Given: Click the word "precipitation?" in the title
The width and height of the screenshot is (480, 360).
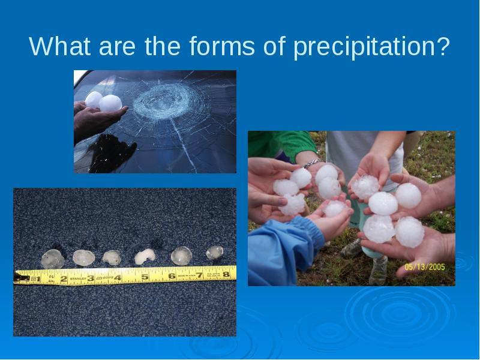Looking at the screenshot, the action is (x=371, y=47).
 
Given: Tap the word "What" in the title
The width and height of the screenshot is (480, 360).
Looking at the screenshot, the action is (x=59, y=46).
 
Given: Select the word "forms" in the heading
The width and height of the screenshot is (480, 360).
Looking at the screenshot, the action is (x=222, y=46).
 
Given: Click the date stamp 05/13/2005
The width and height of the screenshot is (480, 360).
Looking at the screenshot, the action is (x=425, y=267).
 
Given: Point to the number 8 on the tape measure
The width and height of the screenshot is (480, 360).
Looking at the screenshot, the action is (x=226, y=274).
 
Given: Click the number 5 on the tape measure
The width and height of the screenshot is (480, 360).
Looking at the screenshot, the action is (x=145, y=277).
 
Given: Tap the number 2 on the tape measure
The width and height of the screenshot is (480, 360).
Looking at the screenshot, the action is (x=64, y=278).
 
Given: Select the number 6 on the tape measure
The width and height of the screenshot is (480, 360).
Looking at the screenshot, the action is (x=172, y=276).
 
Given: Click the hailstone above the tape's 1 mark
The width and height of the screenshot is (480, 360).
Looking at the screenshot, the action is (x=53, y=259).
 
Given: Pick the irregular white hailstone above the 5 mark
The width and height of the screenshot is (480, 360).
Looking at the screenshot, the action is (x=145, y=257).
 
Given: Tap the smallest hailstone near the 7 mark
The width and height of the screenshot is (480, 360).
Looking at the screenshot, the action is (x=215, y=253).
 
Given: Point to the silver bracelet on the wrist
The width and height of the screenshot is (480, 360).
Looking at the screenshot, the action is (x=312, y=163).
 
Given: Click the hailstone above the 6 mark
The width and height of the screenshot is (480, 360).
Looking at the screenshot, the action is (x=181, y=256).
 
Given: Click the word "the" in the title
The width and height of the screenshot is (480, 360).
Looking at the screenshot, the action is (x=162, y=46).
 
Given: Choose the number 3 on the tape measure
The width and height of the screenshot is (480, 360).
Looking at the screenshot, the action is (x=91, y=278).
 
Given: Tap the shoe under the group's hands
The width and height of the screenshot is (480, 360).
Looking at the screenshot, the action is (x=379, y=271).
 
